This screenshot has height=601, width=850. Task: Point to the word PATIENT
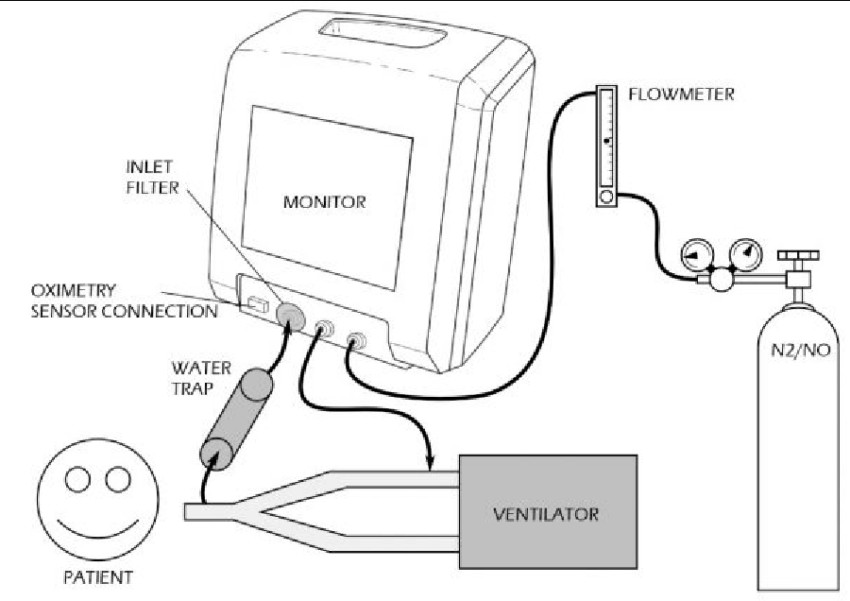click(x=92, y=575)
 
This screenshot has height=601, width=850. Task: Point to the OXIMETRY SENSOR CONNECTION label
click(x=110, y=300)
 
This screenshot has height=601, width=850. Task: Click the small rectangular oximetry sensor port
click(x=256, y=304)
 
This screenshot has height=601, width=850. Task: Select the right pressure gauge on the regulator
click(x=747, y=252)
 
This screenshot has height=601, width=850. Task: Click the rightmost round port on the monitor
click(x=357, y=339)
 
